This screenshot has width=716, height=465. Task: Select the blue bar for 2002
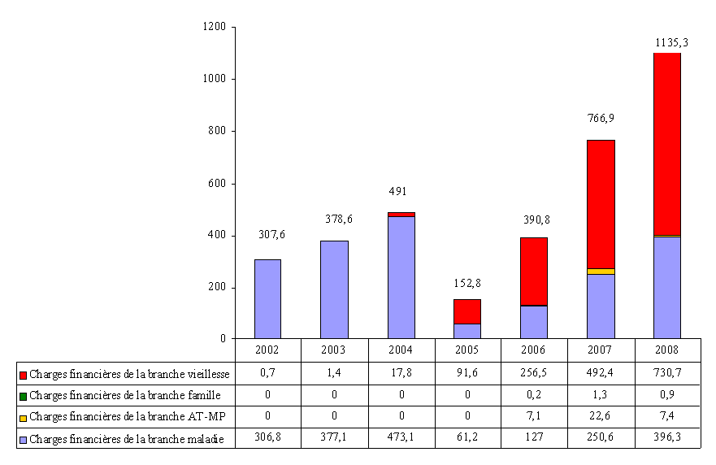[267, 298]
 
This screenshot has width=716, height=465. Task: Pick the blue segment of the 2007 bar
[601, 306]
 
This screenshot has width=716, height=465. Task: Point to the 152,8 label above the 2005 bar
[466, 283]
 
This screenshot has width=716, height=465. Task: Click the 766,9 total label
[601, 118]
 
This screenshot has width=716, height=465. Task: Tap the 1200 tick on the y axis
[215, 27]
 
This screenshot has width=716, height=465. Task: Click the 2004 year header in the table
[401, 350]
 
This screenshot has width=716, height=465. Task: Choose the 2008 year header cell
[666, 350]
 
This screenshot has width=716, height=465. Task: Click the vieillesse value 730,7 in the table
[666, 374]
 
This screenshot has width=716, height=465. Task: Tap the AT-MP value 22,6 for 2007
[601, 418]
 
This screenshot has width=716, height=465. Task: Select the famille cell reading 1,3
[601, 396]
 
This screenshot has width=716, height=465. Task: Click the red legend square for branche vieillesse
[24, 375]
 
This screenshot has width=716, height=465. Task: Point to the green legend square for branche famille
[24, 397]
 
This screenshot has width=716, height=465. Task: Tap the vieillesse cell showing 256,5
[533, 374]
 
